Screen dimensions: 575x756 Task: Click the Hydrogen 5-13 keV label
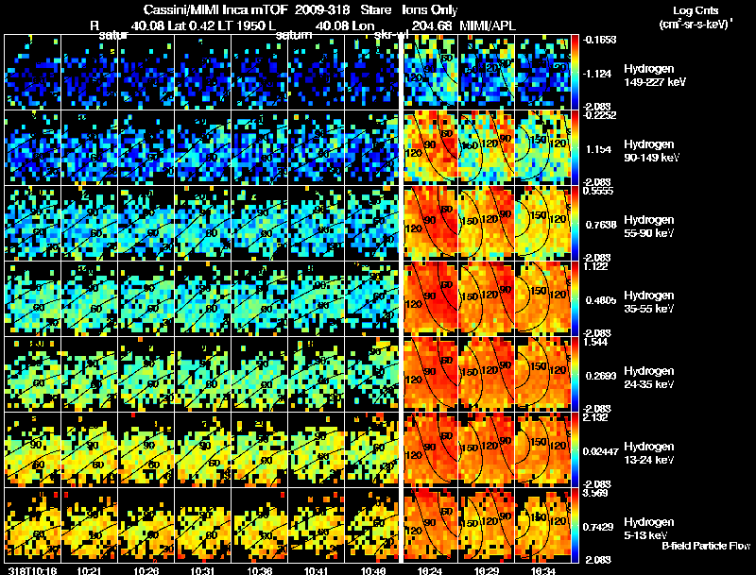[649, 528]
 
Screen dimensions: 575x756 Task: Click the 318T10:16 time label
[32, 569]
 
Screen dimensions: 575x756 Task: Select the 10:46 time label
[373, 569]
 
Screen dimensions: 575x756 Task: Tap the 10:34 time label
[544, 569]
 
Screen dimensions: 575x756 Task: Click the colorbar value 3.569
[600, 492]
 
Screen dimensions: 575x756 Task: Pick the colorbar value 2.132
[600, 416]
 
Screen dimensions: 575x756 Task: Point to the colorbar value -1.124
[600, 73]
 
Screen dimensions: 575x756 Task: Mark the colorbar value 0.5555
[600, 190]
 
